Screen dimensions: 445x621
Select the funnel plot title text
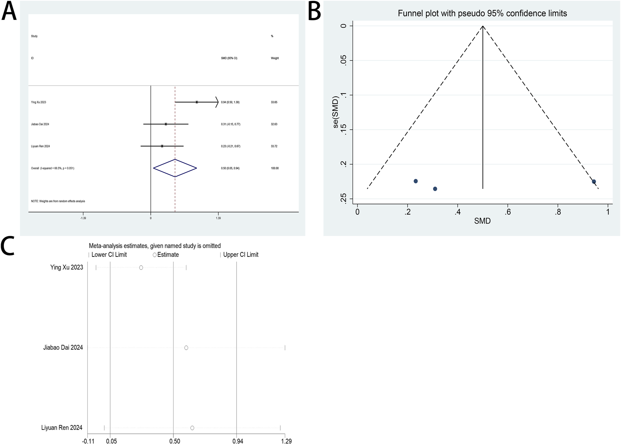coord(482,13)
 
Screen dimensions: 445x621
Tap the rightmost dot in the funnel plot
coord(594,182)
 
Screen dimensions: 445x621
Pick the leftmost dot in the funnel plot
coord(416,181)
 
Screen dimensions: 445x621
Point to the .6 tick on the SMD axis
coord(508,212)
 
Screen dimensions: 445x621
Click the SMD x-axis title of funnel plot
coord(482,221)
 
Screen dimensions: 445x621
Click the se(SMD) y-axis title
coord(336,112)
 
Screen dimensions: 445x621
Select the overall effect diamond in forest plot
coord(175,168)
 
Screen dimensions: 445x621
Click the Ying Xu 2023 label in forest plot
coord(39,102)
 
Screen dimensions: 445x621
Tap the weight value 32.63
coord(274,124)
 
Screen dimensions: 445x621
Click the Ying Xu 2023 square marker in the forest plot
coord(197,102)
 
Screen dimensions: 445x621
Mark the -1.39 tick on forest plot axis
coord(83,218)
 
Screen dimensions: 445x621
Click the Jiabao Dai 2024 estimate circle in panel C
coord(186,348)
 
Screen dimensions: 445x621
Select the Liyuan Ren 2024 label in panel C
coord(62,427)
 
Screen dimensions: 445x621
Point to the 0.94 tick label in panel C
coord(238,441)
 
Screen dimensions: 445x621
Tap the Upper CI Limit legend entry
coord(240,255)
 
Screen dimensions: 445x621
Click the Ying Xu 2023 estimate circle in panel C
coord(141,267)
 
